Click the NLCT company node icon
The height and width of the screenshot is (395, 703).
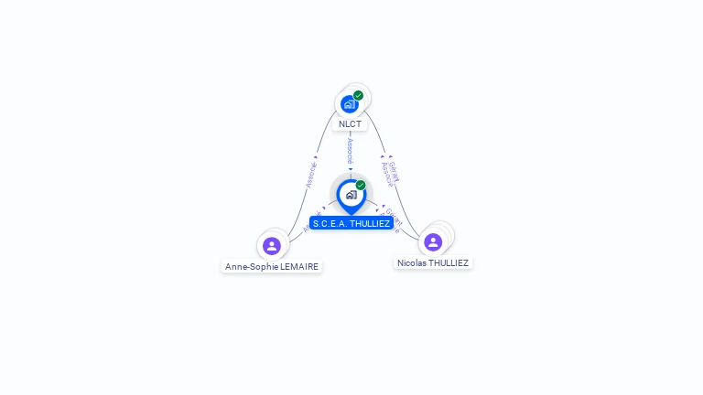coord(349,104)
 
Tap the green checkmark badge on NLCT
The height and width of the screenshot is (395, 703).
coord(358,95)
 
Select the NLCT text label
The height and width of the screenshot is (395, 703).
coord(350,123)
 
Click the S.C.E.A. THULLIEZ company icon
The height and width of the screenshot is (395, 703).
coord(351,195)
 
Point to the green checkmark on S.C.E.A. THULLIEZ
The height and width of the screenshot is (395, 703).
coord(361,186)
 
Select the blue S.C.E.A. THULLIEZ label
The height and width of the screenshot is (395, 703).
coord(351,223)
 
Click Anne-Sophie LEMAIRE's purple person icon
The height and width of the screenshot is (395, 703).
coord(271,245)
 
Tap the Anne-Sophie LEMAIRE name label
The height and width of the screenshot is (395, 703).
coord(272,267)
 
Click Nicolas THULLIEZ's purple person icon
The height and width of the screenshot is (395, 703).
coord(433,241)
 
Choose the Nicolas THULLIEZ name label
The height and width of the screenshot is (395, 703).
coord(433,262)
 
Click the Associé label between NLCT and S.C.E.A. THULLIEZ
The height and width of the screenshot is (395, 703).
coord(351,151)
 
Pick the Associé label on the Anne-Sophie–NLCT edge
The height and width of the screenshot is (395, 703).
coord(311,175)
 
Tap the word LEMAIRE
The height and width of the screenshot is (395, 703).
coord(300,267)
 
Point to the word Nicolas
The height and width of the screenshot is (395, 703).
coord(412,262)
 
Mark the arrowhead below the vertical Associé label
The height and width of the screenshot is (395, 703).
coord(351,169)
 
